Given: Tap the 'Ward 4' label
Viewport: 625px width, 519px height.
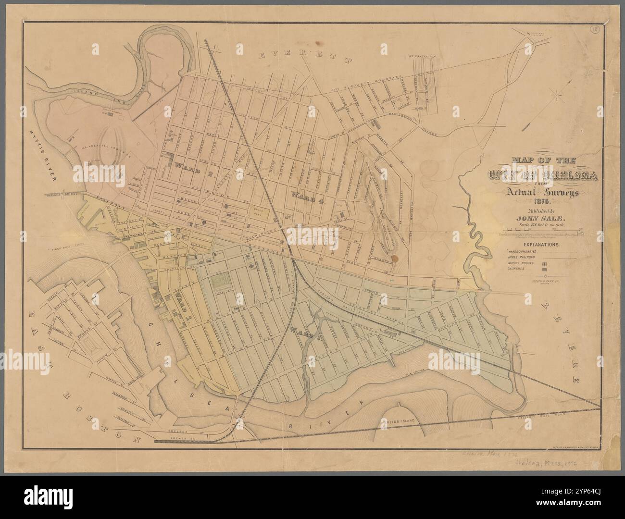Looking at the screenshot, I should (x=307, y=196).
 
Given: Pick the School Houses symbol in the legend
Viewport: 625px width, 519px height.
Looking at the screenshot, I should (x=545, y=264).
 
